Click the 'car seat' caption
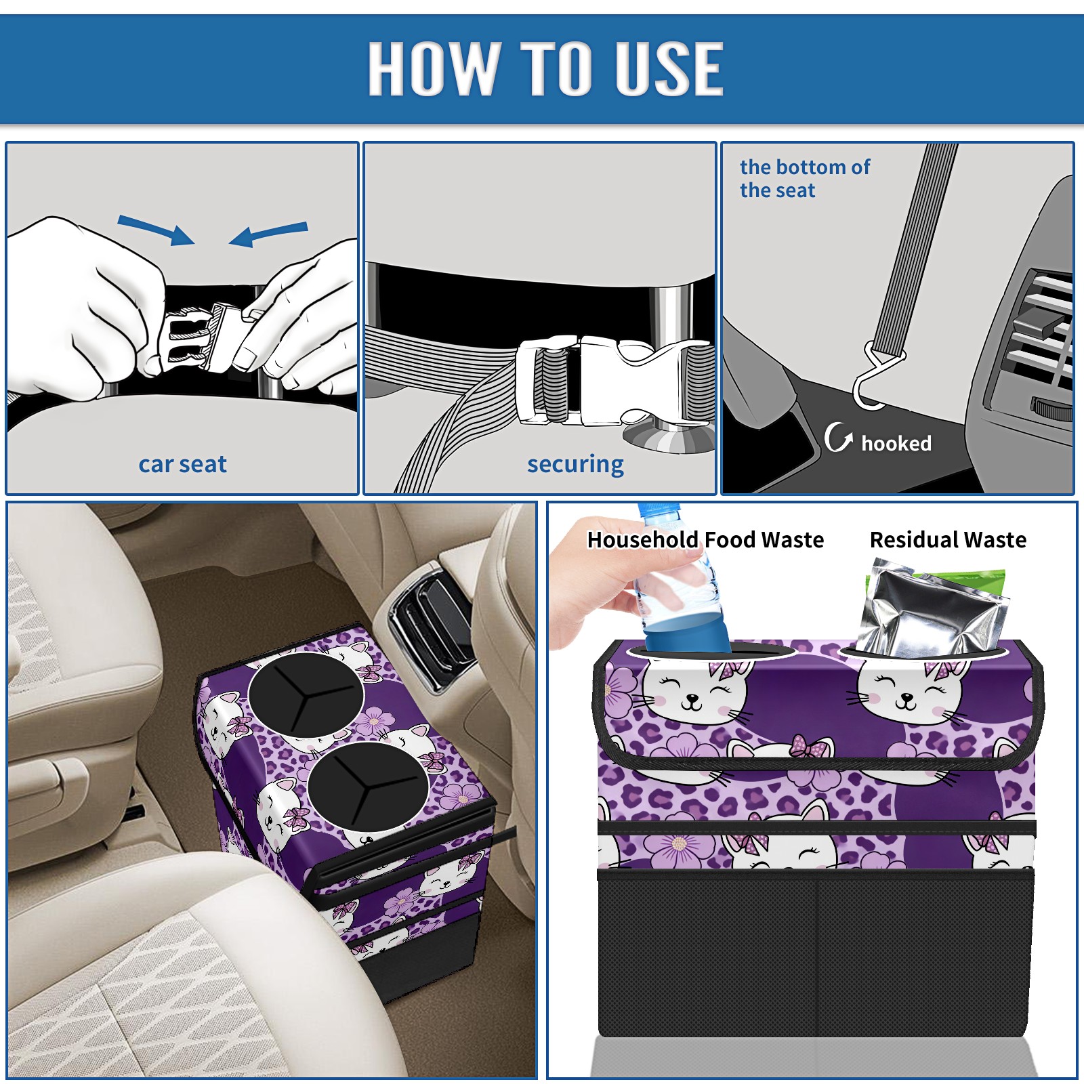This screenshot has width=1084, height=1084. click(182, 464)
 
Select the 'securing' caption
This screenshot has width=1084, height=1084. click(575, 465)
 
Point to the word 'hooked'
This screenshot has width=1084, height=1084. click(896, 443)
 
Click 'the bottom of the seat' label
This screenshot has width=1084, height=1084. click(805, 179)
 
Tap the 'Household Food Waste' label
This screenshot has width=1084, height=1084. click(705, 539)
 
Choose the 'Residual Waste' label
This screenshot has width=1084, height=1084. click(948, 539)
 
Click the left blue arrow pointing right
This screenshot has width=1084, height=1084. click(157, 229)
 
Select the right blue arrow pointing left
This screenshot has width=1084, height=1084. click(268, 234)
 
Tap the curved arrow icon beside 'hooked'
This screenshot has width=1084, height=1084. click(838, 437)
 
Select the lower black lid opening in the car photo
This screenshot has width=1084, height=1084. click(368, 786)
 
